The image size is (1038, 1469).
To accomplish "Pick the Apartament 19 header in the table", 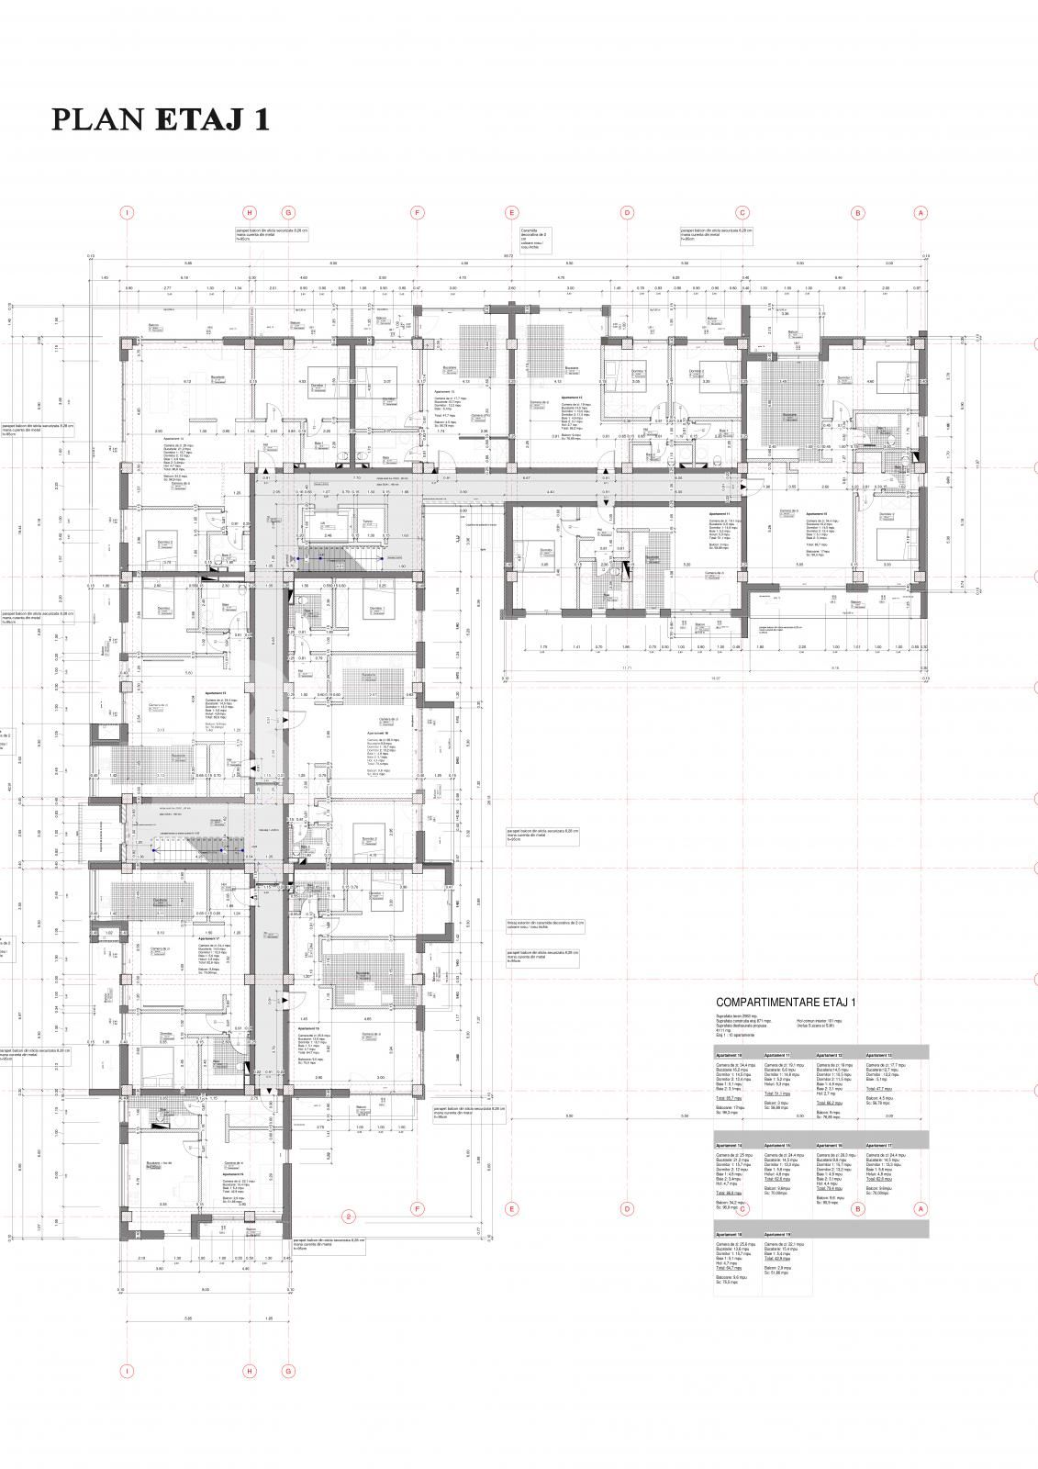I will click(x=776, y=1235).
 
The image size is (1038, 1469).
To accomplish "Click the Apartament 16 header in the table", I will click(x=829, y=1146).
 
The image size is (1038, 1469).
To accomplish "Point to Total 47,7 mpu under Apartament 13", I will click(x=879, y=1088).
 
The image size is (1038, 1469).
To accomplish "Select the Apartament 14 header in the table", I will click(x=728, y=1146).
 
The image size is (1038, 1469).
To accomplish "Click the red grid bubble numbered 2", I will click(x=348, y=1217).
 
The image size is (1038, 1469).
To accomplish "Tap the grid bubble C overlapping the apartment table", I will click(x=742, y=1209).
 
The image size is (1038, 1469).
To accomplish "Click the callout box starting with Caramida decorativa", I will click(x=534, y=239).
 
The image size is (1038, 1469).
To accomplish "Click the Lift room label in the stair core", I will click(x=323, y=521).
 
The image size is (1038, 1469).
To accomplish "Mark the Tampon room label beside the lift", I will click(x=367, y=521).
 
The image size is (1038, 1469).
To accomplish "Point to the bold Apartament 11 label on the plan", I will click(x=719, y=514).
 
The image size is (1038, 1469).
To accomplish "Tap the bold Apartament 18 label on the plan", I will click(x=307, y=1028).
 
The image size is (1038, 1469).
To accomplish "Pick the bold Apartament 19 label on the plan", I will click(x=231, y=1174).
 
